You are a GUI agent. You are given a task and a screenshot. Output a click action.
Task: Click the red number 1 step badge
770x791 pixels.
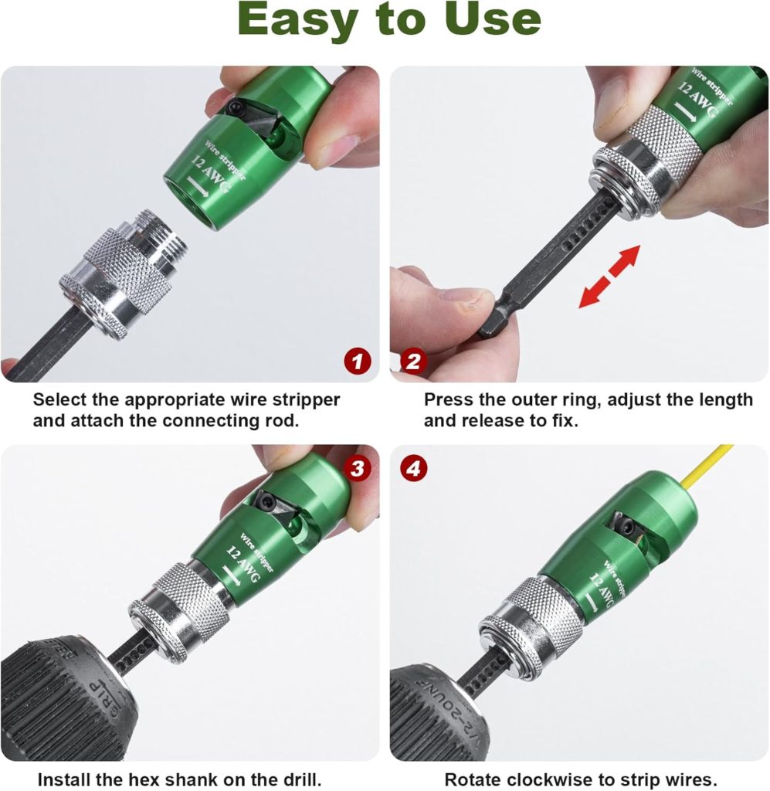358,362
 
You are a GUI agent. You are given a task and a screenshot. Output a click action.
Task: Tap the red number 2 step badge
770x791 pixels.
413,362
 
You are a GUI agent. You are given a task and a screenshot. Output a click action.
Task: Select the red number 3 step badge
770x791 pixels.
358,468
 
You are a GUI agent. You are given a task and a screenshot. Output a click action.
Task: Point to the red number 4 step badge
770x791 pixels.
413,468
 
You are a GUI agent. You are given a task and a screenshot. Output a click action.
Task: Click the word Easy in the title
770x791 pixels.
296,20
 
